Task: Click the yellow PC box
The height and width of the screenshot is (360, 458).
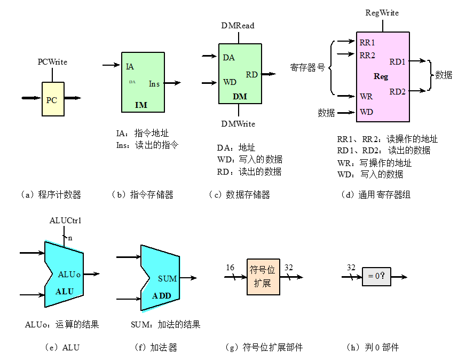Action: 53,99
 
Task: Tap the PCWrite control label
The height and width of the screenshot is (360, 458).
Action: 52,62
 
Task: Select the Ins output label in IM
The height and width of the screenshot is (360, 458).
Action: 154,84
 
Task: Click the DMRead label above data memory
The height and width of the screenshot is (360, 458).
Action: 238,26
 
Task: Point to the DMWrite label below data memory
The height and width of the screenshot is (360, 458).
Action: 238,124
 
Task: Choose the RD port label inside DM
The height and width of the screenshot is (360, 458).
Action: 251,75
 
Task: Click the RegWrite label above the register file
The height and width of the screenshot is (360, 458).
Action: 382,13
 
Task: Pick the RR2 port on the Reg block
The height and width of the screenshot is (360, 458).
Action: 367,54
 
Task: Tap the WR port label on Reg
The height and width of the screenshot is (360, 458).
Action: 366,97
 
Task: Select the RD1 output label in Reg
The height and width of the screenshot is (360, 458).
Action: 397,62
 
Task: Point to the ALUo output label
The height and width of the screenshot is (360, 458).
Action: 69,274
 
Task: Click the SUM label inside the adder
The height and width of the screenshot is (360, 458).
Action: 168,278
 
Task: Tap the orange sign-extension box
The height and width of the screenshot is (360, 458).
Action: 263,277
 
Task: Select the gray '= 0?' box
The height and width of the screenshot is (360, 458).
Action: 376,277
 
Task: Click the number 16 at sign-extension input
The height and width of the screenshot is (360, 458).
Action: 230,268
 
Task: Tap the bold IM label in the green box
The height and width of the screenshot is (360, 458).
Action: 141,105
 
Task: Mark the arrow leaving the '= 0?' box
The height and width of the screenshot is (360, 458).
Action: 399,277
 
